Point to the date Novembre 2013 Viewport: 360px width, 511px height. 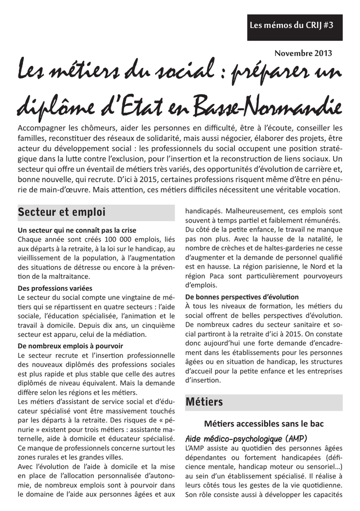[x=303, y=53]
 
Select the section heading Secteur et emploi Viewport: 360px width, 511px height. [x=62, y=212]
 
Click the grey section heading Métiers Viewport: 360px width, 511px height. [x=204, y=402]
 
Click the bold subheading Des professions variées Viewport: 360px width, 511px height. [x=55, y=288]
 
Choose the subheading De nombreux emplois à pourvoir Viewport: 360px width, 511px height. [x=70, y=345]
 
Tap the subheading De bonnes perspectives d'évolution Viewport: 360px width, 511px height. [x=242, y=296]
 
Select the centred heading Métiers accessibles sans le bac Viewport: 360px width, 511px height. [x=264, y=424]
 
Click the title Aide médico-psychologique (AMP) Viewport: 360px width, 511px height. [x=246, y=439]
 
